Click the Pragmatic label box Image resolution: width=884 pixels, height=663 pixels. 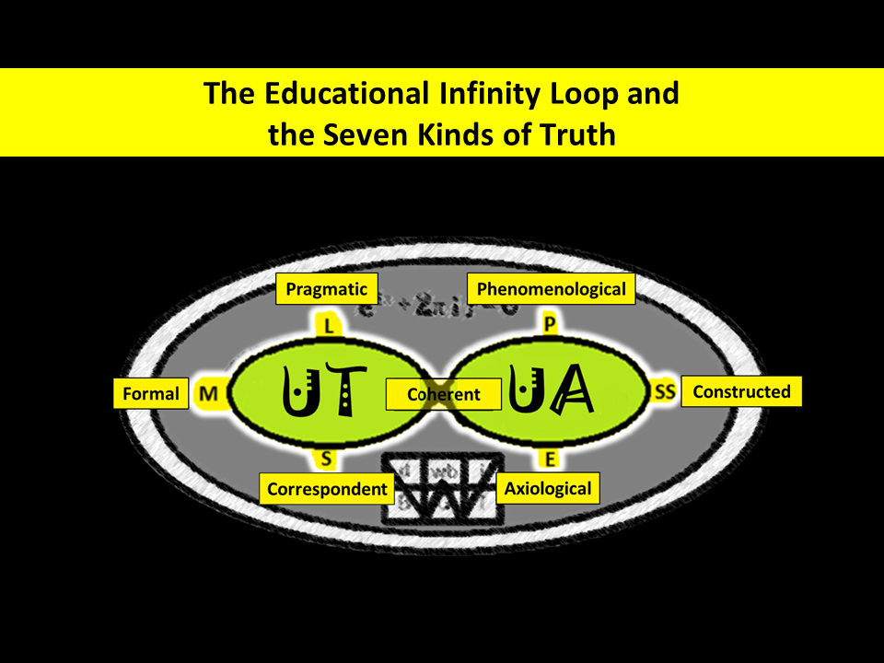[327, 289]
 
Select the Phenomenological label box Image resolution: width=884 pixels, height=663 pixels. [551, 289]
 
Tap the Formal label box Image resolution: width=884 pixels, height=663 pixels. [150, 394]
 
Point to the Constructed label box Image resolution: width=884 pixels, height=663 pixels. [741, 391]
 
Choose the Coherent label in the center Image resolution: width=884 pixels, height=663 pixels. [444, 394]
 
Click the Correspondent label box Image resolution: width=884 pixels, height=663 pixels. [327, 489]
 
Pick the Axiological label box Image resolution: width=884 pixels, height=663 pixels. [548, 488]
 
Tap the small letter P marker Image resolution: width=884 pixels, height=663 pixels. [550, 324]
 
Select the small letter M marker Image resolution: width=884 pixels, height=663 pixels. [208, 394]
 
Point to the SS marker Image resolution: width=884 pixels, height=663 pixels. [665, 392]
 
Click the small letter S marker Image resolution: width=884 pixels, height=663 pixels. [327, 458]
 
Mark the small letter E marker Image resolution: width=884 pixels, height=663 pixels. [551, 459]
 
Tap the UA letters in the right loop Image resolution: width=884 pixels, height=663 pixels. [551, 394]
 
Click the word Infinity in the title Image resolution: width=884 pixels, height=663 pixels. [498, 93]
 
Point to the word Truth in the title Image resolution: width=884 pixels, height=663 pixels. [573, 134]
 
